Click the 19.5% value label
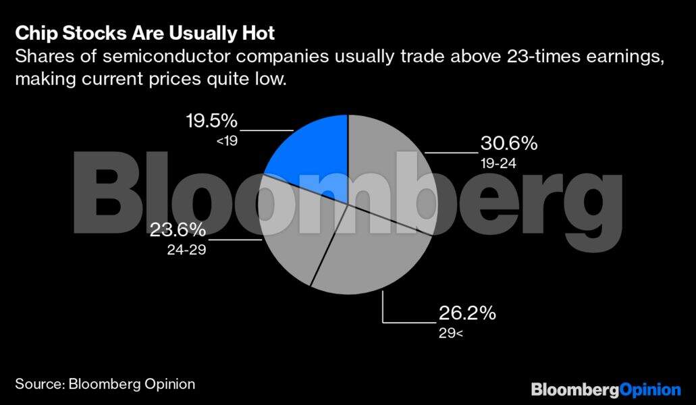(x=211, y=122)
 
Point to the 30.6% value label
(x=508, y=144)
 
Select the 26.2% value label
(x=467, y=314)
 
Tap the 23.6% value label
(x=178, y=230)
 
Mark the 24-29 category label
(x=186, y=250)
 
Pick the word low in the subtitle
(x=269, y=80)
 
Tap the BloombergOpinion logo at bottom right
(x=606, y=389)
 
